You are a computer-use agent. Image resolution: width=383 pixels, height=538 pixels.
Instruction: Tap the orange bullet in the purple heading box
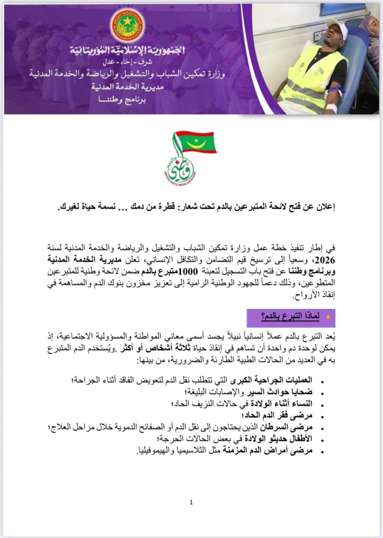328,317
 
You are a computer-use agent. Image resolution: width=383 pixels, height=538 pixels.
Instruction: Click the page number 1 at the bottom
191,502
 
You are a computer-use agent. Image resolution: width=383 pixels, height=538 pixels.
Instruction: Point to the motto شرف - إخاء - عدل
127,62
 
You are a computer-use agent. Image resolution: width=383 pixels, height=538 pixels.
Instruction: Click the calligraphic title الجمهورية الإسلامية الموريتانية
128,51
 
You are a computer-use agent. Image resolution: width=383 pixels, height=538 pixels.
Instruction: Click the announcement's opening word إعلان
324,207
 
